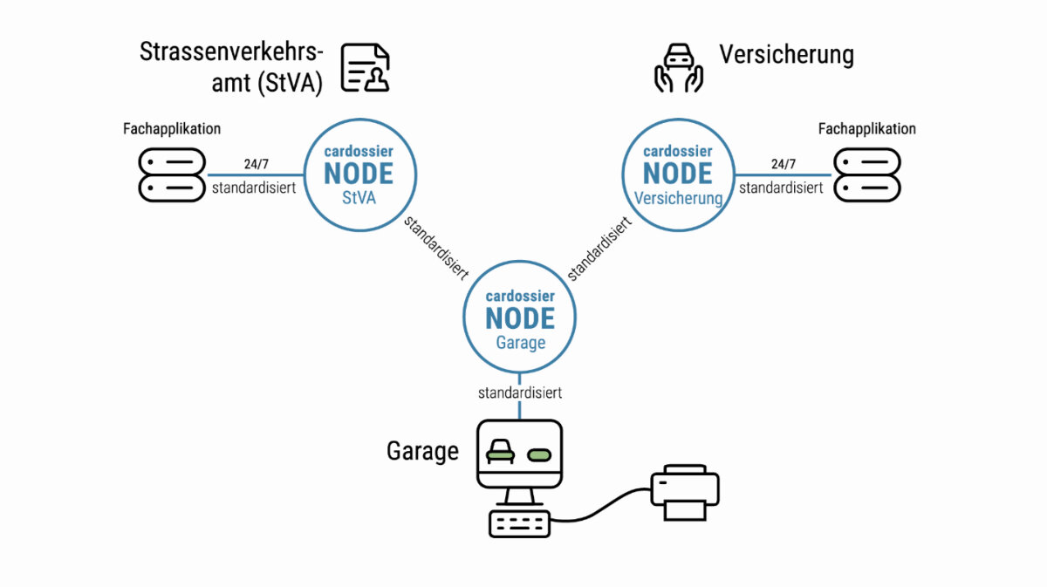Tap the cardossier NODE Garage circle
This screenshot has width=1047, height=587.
tap(520, 317)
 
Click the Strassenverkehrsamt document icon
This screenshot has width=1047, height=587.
tap(365, 68)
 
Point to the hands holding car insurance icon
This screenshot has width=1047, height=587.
tap(679, 68)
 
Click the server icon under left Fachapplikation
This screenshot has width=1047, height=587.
tap(173, 174)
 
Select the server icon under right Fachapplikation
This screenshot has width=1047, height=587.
tap(866, 174)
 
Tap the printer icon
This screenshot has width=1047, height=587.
tap(685, 492)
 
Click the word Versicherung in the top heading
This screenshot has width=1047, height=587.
tap(786, 55)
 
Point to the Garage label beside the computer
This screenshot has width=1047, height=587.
tap(422, 452)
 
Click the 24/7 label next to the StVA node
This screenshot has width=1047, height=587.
tap(257, 163)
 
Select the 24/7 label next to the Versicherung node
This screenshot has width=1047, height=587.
tap(784, 163)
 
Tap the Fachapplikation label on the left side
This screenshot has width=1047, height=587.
tap(172, 129)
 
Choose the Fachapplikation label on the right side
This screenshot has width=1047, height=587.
tap(866, 129)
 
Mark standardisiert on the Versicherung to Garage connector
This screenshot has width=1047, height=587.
tap(599, 249)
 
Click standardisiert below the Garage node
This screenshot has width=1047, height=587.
tap(520, 392)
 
